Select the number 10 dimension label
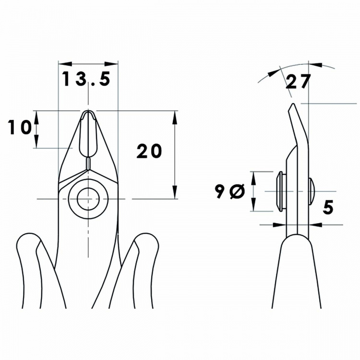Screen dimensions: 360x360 [20, 128]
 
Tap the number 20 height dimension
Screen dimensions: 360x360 [149, 151]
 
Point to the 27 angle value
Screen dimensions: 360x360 [298, 82]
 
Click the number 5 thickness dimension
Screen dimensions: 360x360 [328, 207]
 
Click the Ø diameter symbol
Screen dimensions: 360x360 [237, 192]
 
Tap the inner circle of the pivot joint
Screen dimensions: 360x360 [88, 198]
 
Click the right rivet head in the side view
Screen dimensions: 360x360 [312, 191]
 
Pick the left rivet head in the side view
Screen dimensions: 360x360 [280, 191]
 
